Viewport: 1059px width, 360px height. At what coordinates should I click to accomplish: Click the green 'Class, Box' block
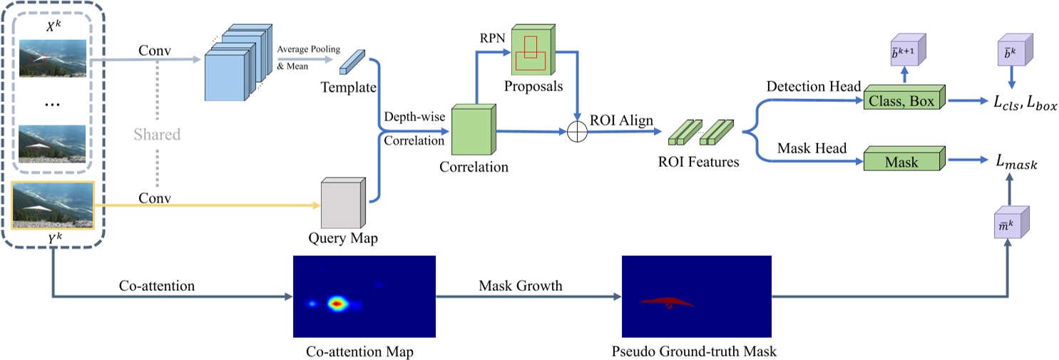pyautogui.click(x=902, y=101)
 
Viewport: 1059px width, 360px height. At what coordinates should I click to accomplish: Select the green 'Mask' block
pyautogui.click(x=902, y=161)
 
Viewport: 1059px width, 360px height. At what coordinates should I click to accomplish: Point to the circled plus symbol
pyautogui.click(x=576, y=133)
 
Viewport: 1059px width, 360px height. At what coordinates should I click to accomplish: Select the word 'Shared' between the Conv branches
pyautogui.click(x=157, y=134)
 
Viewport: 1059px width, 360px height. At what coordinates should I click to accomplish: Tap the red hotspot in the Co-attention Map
pyautogui.click(x=337, y=304)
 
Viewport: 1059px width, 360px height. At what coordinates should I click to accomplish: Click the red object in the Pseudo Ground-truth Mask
pyautogui.click(x=667, y=302)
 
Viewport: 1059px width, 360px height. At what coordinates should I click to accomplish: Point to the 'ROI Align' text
pyautogui.click(x=622, y=120)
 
